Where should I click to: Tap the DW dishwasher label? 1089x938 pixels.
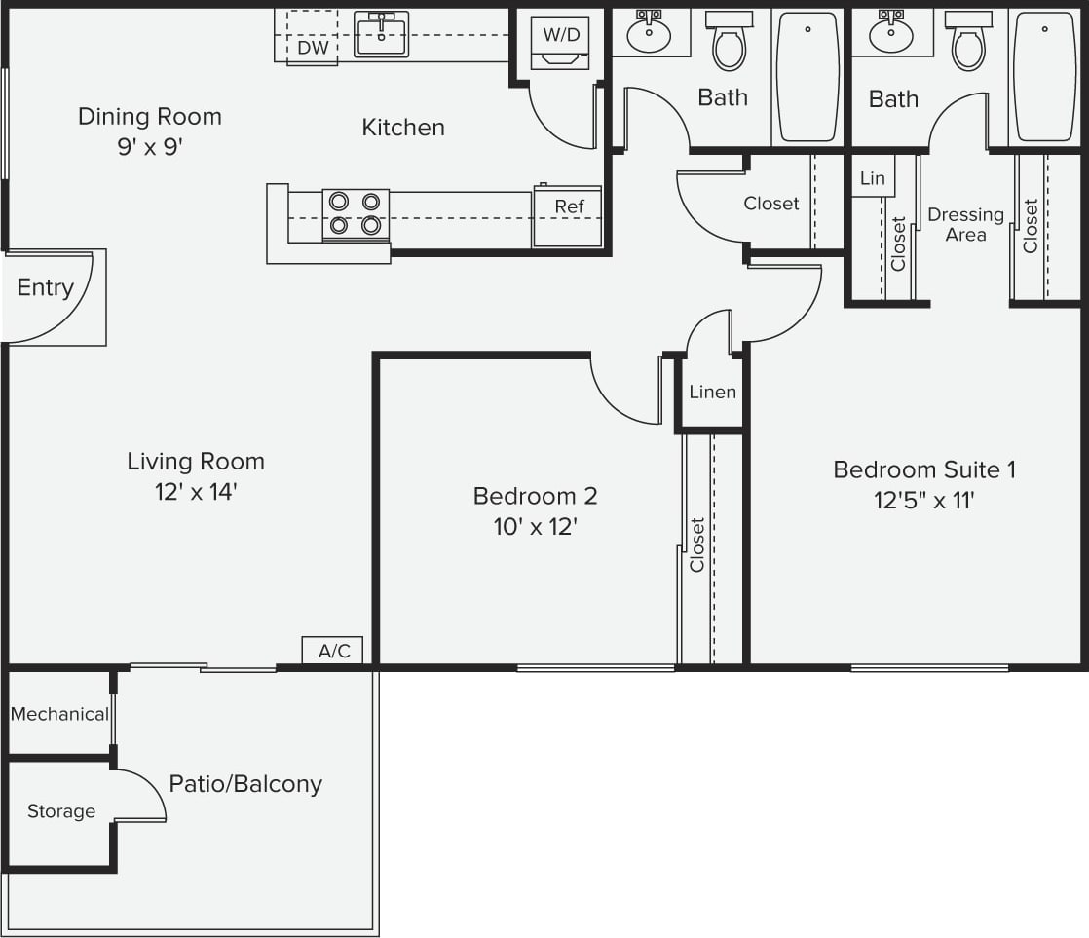click(312, 48)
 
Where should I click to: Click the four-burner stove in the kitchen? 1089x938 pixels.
click(355, 213)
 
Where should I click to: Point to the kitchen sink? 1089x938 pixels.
click(381, 35)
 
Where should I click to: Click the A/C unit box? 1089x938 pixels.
click(334, 651)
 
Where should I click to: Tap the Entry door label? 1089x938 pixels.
click(45, 287)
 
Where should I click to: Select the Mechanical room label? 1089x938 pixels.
click(59, 714)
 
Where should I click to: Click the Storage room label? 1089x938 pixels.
click(60, 811)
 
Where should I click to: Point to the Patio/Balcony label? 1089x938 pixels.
click(245, 784)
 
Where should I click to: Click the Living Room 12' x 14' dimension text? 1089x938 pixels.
click(196, 492)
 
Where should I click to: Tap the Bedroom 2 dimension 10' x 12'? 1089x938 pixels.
click(535, 527)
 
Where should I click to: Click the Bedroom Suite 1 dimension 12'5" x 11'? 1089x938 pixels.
click(923, 501)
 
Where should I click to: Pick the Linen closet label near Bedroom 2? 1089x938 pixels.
click(712, 393)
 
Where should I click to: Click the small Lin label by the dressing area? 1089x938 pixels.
click(873, 178)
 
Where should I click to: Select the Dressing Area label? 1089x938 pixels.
click(965, 224)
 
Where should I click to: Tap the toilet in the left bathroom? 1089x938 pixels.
click(729, 42)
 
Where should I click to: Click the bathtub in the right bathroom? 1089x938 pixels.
click(1044, 76)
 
